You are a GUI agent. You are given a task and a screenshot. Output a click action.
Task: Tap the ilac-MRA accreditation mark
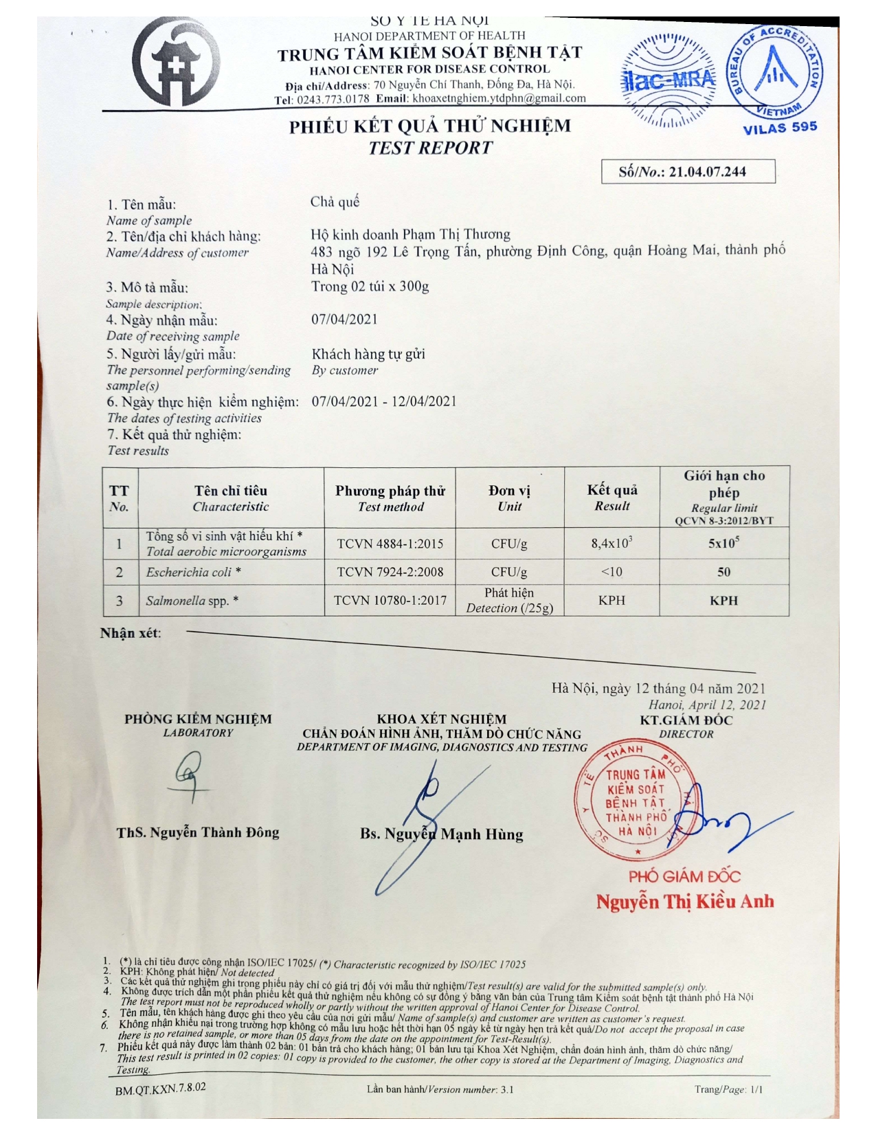pos(668,80)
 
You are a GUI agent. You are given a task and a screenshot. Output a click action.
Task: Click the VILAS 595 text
pos(780,127)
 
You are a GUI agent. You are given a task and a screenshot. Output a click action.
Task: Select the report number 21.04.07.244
pos(707,172)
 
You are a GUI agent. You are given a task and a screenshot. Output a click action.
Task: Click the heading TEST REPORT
pos(430,148)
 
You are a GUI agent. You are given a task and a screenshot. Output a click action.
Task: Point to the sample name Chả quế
pos(335,202)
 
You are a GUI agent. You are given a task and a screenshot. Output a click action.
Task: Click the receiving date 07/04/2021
pos(344,320)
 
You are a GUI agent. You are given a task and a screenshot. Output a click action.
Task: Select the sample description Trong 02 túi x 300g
pos(370,287)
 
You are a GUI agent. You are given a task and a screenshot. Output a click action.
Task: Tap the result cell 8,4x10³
pos(611,544)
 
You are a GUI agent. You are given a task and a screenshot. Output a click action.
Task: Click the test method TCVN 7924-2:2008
pos(390,572)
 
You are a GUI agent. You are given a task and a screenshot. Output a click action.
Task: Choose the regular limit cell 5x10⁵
pos(723,543)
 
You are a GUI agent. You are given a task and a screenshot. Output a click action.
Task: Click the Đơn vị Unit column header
pos(509,498)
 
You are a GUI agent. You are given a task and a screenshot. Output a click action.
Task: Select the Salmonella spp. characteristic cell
pos(192,601)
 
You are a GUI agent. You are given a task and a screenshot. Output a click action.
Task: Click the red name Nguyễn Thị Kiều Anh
pos(684,902)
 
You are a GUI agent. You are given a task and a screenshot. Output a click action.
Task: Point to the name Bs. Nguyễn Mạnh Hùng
pos(441,834)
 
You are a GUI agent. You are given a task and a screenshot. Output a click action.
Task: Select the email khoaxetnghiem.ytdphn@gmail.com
pos(499,98)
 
